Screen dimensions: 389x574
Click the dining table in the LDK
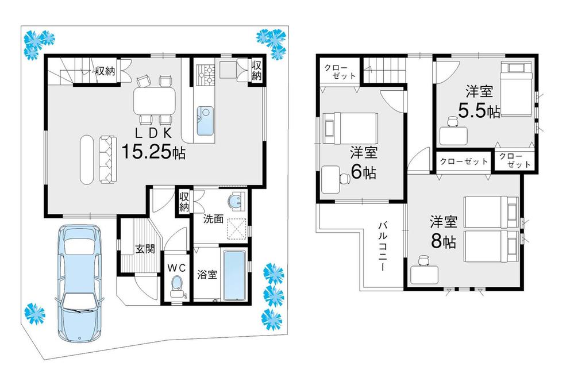[154, 100]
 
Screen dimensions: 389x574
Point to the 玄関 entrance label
[145, 249]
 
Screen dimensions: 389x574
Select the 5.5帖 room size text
[479, 110]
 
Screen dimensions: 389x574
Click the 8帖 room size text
[443, 241]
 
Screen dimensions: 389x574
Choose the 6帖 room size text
[363, 171]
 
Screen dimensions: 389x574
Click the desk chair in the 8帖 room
[424, 263]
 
